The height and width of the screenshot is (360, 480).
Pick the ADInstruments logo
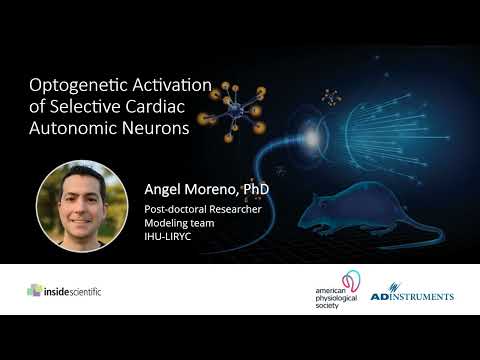tap(412, 296)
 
